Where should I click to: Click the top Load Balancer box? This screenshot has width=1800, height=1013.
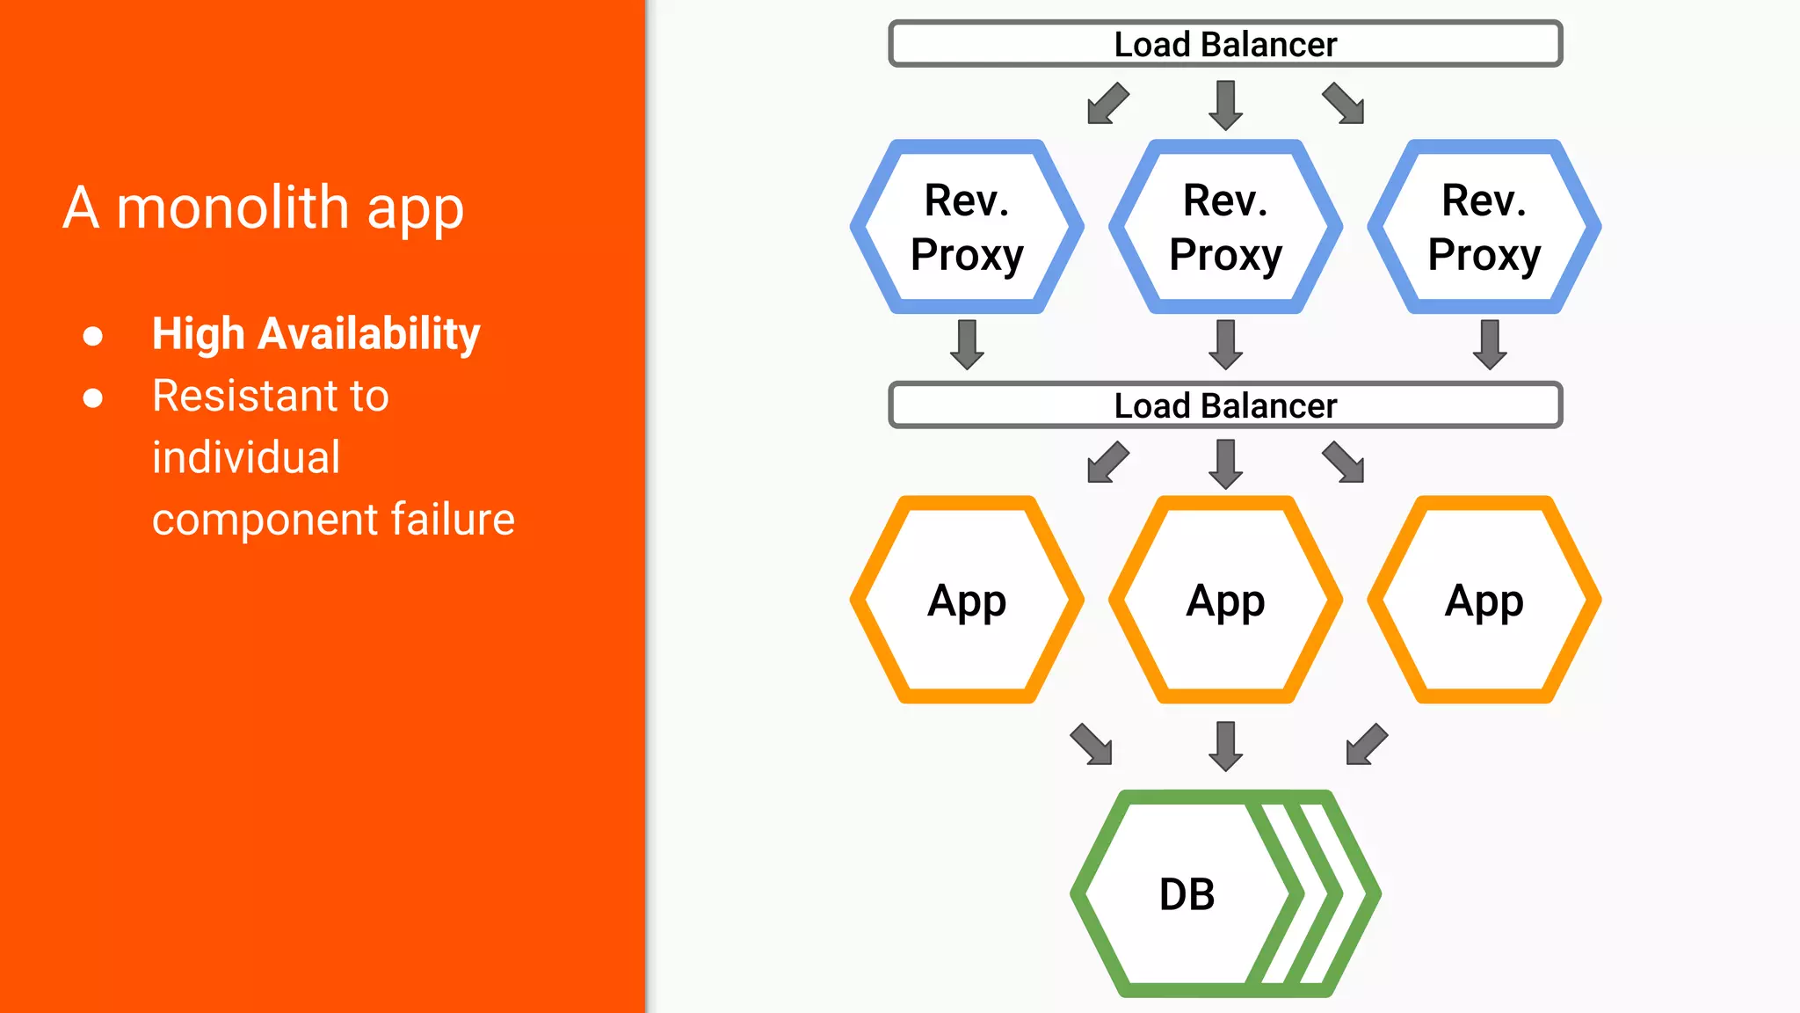coord(1225,44)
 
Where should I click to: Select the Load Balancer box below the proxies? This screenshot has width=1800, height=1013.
coord(1225,405)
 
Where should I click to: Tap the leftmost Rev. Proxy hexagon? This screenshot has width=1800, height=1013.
coord(967,227)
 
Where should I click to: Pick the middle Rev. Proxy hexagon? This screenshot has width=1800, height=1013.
coord(1225,227)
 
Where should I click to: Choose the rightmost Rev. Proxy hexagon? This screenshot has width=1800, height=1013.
coord(1484,227)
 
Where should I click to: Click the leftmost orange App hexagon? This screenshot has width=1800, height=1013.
coord(967,601)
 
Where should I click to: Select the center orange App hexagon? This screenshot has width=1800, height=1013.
coord(1225,601)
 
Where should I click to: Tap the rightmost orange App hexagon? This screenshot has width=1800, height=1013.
coord(1484,601)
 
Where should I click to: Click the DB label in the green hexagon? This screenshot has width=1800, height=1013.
coord(1187,894)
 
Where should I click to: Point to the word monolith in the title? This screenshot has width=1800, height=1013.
coord(233,208)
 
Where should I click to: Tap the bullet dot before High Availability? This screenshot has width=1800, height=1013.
coord(93,336)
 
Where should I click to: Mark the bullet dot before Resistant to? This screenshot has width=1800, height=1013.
coord(93,398)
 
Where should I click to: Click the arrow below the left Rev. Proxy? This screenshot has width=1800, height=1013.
coord(967,344)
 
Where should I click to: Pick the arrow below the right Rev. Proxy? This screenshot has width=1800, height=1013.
coord(1489,344)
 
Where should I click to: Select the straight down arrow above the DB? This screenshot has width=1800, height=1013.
coord(1225,746)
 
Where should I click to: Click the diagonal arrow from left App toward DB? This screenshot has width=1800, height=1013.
coord(1092,744)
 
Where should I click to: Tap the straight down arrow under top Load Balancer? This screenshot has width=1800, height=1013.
coord(1225,105)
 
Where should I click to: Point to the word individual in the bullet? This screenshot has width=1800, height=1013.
coord(246,457)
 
